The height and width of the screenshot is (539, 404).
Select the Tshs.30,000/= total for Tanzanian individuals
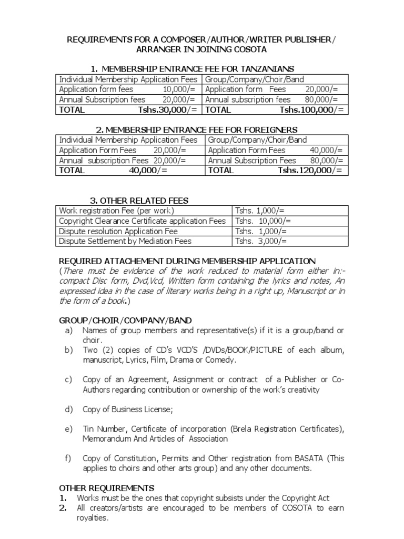168,109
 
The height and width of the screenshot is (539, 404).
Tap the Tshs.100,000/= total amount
311,109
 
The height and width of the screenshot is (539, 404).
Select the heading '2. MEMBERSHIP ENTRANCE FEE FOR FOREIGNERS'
197,129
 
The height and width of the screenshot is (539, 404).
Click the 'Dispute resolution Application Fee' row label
118,231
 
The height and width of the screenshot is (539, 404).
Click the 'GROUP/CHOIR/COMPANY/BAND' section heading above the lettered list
125,320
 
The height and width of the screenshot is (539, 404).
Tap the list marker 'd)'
68,409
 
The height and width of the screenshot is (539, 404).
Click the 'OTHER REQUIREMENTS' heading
106,488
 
